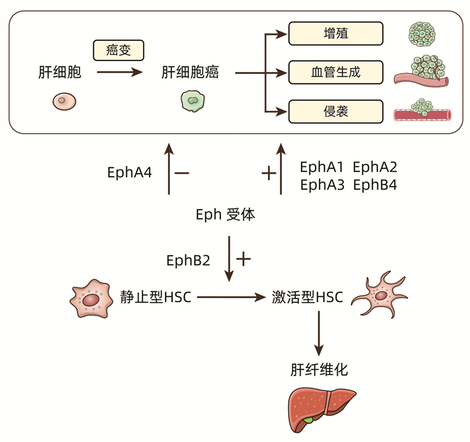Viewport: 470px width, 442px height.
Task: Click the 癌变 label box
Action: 118,49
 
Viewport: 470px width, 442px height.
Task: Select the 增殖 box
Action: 335,33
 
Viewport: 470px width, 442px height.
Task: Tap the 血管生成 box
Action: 335,71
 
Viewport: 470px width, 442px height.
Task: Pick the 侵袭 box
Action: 335,111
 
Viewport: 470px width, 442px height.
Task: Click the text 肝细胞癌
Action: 191,72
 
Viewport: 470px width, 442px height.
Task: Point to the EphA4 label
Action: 130,173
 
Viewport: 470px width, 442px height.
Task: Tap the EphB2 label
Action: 189,259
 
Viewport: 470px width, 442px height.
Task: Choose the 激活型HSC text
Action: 308,296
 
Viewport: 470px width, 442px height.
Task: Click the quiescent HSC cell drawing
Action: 91,299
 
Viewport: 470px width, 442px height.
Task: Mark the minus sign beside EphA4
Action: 181,173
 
